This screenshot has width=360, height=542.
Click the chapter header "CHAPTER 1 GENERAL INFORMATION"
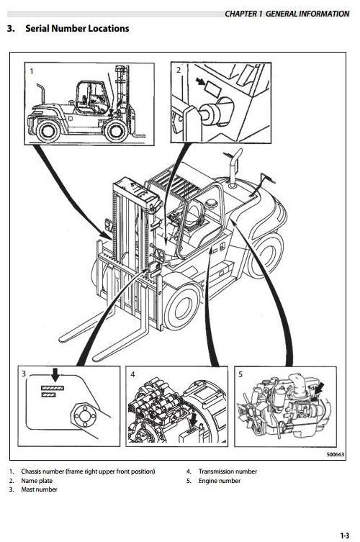287,14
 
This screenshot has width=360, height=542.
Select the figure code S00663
335,455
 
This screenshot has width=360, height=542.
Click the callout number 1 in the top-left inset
32,71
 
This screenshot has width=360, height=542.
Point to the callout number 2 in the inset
179,71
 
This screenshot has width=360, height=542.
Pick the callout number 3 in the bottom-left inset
24,374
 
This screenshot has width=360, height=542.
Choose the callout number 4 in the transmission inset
132,374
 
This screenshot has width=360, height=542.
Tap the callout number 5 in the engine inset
241,374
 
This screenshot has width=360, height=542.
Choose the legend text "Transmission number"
228,471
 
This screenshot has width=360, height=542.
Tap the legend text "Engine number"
220,481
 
